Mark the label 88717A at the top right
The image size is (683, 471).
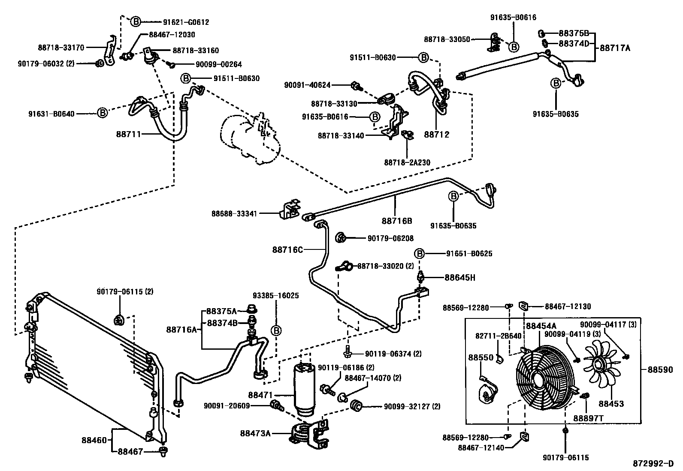tap(615, 48)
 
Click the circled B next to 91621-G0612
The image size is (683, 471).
tap(136, 21)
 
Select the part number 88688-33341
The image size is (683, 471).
tap(234, 213)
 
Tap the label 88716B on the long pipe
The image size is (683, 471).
tap(397, 221)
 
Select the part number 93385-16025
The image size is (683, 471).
tap(275, 296)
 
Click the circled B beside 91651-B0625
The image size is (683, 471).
tap(419, 253)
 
